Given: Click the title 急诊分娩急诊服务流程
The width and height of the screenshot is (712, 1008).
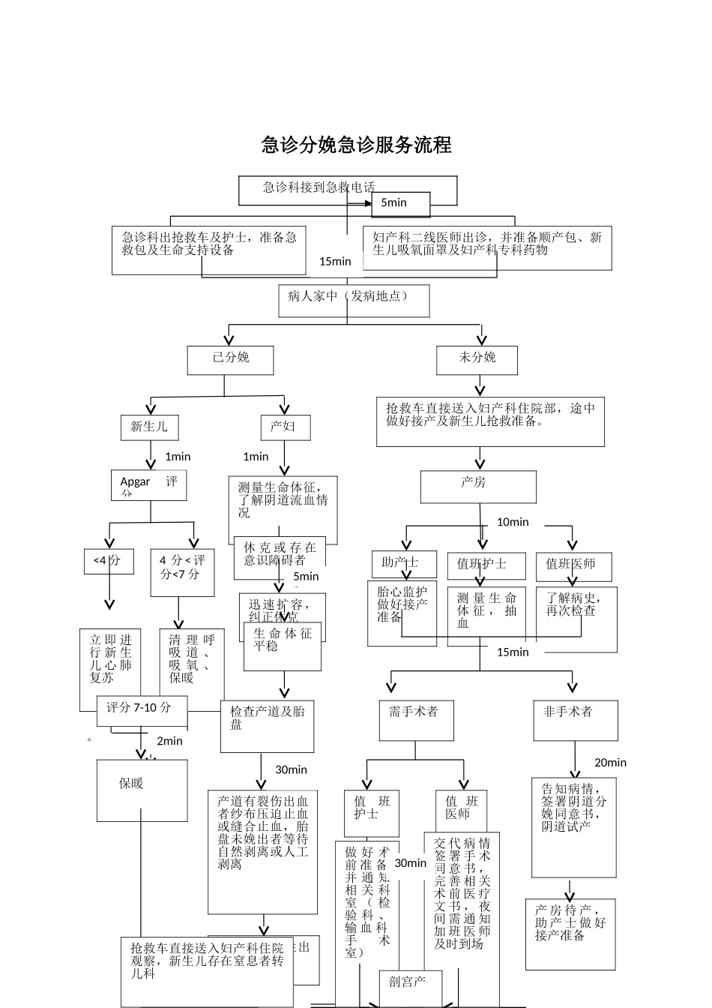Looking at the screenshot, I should point(356,145).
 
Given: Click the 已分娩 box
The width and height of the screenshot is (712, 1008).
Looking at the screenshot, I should point(230,359).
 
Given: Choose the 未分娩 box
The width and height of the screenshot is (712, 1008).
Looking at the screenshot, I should point(477,359).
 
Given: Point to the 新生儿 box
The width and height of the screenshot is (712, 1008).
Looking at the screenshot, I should point(148,427).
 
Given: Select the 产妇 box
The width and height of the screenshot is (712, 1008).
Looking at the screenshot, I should point(285,427).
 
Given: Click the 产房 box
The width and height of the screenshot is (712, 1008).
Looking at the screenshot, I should point(477,486).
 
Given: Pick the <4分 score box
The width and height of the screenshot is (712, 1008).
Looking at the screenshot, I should point(108,561).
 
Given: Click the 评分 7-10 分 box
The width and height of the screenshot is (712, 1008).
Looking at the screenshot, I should point(141,709).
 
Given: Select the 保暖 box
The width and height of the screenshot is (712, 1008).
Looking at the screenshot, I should point(142,789).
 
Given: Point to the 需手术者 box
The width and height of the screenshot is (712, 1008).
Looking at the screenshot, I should point(414,720).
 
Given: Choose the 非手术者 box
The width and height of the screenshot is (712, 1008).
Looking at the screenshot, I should point(575,720).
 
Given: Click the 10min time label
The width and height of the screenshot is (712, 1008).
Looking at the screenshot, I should point(513,522).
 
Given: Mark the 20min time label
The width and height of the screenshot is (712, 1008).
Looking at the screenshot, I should point(610,763).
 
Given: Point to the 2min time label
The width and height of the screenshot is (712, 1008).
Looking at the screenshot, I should point(169,741).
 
